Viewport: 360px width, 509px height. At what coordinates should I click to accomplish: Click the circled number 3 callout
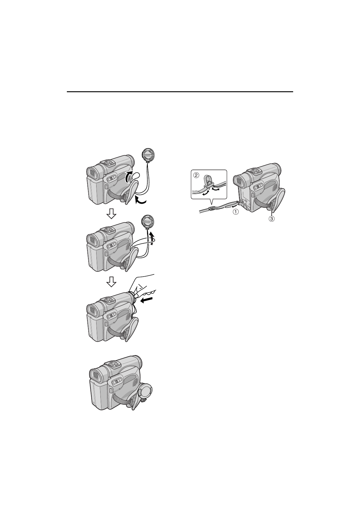click(x=271, y=219)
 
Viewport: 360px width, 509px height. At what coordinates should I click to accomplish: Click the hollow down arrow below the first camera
click(x=111, y=214)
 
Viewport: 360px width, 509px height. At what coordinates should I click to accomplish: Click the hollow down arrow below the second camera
click(x=111, y=281)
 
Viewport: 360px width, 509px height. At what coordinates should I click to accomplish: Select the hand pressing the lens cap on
click(x=143, y=287)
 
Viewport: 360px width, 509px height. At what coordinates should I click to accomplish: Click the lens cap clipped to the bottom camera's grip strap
click(x=145, y=391)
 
